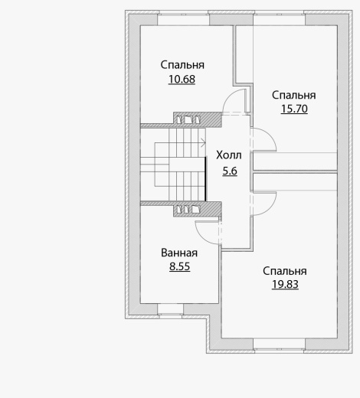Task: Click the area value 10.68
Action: [x=182, y=80]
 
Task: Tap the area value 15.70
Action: [x=294, y=109]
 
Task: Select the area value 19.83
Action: [x=285, y=284]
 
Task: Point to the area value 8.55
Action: [x=180, y=266]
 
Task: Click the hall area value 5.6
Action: [x=230, y=171]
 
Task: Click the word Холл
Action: [x=229, y=155]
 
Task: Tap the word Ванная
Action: [x=179, y=253]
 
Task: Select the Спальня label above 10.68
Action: [x=182, y=65]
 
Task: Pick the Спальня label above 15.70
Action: [x=293, y=95]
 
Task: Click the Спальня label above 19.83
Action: [x=285, y=271]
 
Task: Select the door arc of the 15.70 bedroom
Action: [x=270, y=135]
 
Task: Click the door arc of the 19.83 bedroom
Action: [x=270, y=207]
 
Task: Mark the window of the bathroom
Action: [x=170, y=309]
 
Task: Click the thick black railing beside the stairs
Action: [x=206, y=179]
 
